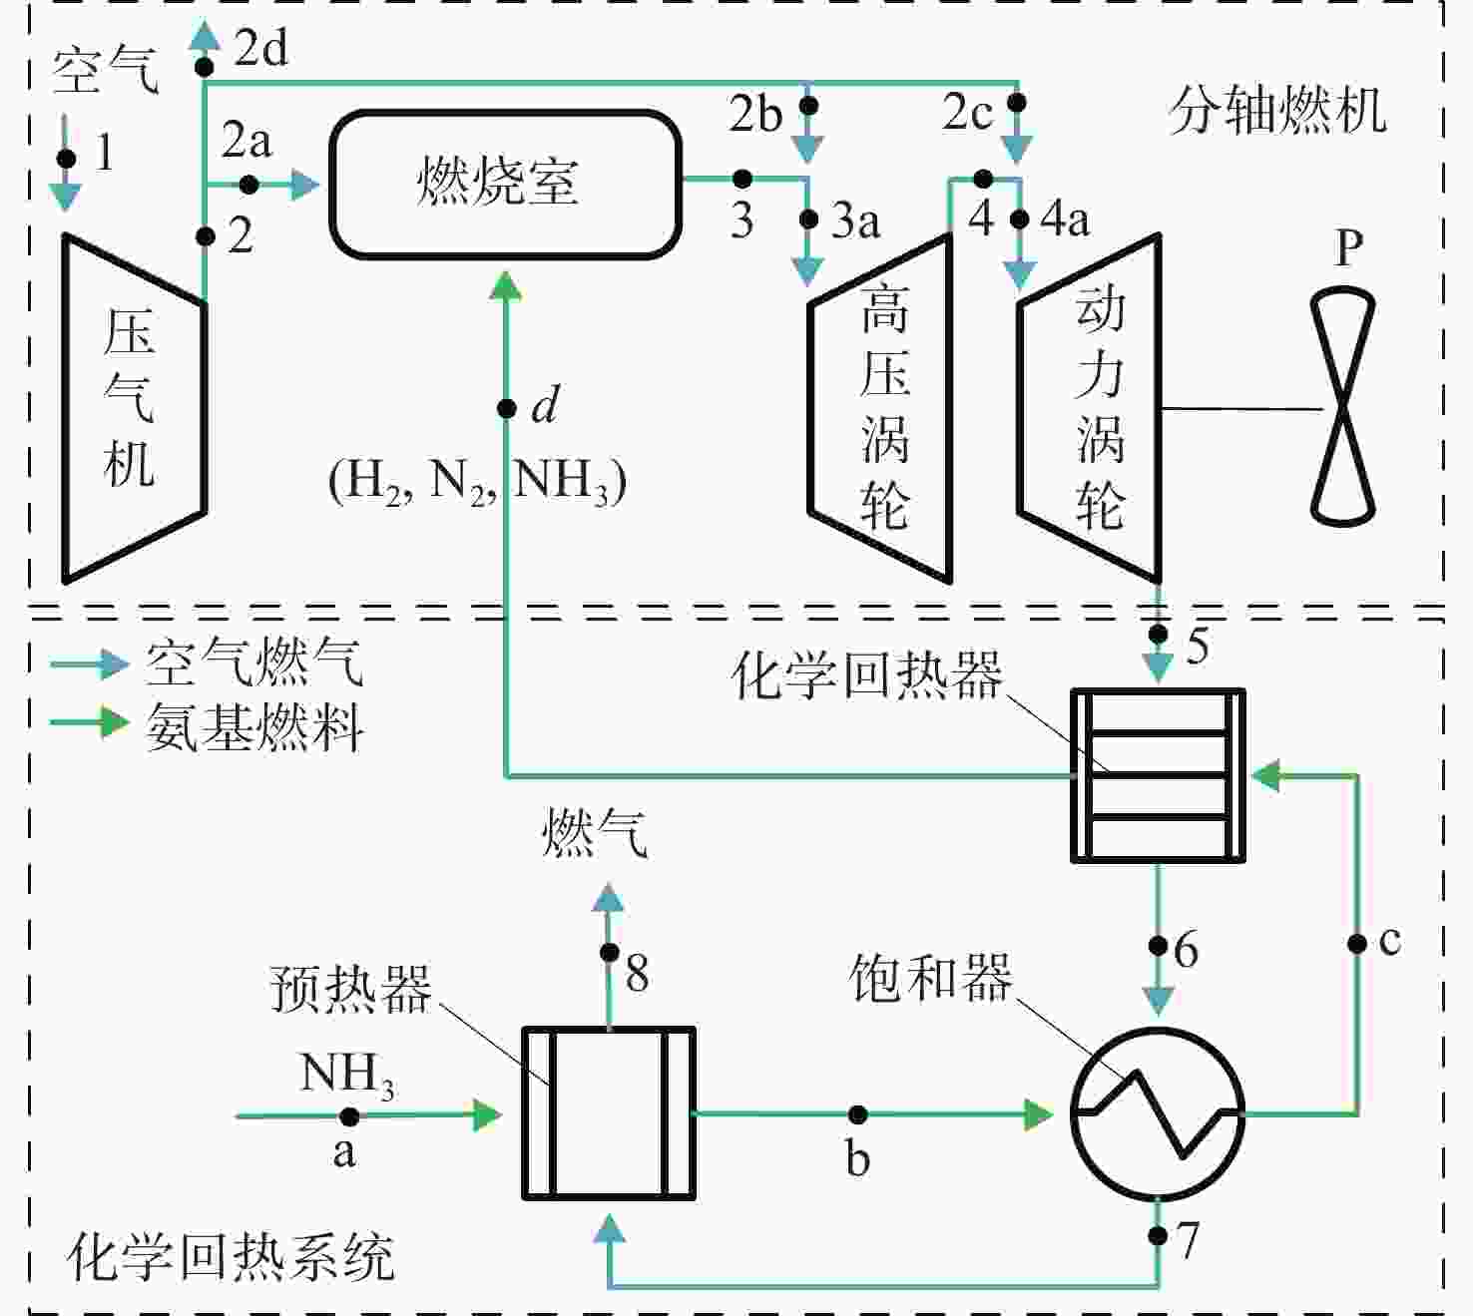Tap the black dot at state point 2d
(x=205, y=68)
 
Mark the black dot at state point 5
(x=1159, y=634)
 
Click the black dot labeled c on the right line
(x=1356, y=944)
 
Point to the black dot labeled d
(x=506, y=409)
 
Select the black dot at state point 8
(x=610, y=952)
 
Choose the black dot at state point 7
(x=1159, y=1234)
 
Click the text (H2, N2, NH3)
(x=477, y=481)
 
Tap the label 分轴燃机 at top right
(x=1276, y=111)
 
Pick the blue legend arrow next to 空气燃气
(x=90, y=663)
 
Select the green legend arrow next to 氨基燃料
(x=90, y=722)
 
